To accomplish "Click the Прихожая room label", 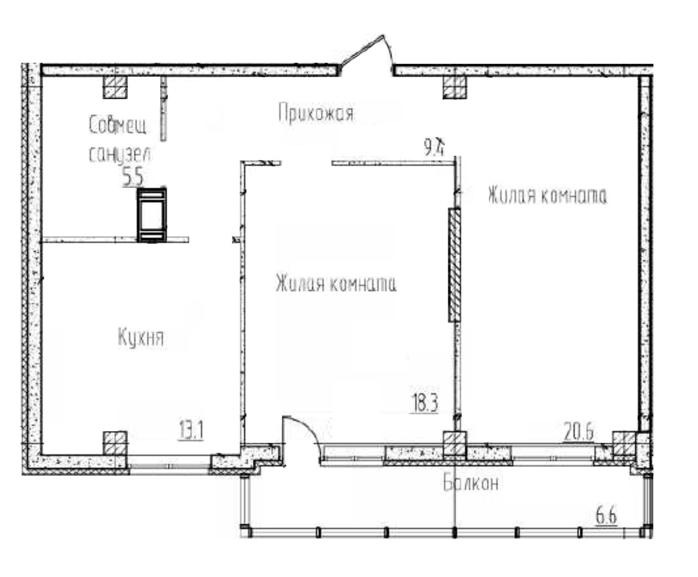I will tap(315, 114).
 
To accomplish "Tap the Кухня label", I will tap(140, 338).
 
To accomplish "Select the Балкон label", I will tap(470, 484).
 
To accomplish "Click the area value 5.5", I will tap(133, 177).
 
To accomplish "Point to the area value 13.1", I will tap(191, 430).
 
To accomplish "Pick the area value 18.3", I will tap(425, 403).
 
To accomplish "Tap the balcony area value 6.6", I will tap(606, 517).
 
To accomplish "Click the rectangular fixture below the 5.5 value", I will tap(152, 215).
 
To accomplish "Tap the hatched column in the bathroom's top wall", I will tap(116, 87).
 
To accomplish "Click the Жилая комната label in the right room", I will tap(547, 196).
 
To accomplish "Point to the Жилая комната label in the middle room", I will tap(336, 284).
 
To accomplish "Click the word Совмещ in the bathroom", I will tap(118, 126).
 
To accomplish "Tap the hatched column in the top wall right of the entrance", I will tap(454, 87).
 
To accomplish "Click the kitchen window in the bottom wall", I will tap(170, 462).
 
